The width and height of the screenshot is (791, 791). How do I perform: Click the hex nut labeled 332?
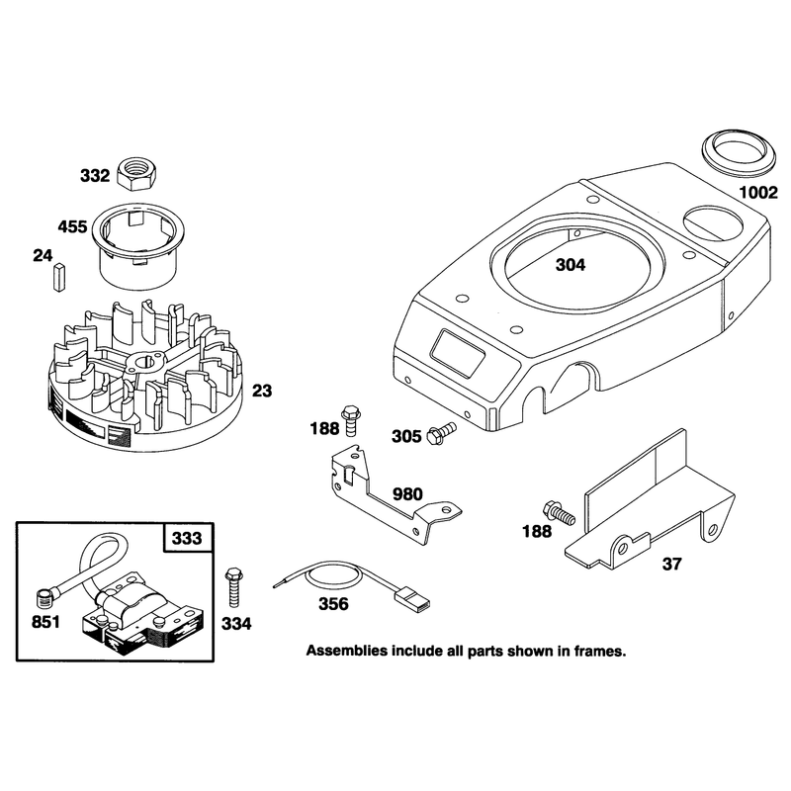coord(136,173)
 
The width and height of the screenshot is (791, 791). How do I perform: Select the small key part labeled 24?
coord(59,278)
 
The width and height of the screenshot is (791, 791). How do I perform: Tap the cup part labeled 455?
coord(137,246)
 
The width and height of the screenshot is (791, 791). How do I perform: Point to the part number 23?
coord(261,391)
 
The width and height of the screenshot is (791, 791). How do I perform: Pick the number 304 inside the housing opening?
coord(571,265)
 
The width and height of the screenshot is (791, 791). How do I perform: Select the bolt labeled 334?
coord(233,586)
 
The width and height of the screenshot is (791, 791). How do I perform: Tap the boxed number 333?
coord(187,538)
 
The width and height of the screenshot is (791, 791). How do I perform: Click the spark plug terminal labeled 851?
coord(44,599)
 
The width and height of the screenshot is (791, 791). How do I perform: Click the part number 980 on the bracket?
coord(407,493)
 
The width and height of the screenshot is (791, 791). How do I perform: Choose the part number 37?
coord(671,564)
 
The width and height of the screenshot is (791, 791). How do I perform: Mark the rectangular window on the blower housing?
coord(458,353)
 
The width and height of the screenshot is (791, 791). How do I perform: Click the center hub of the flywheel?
coord(146,363)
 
